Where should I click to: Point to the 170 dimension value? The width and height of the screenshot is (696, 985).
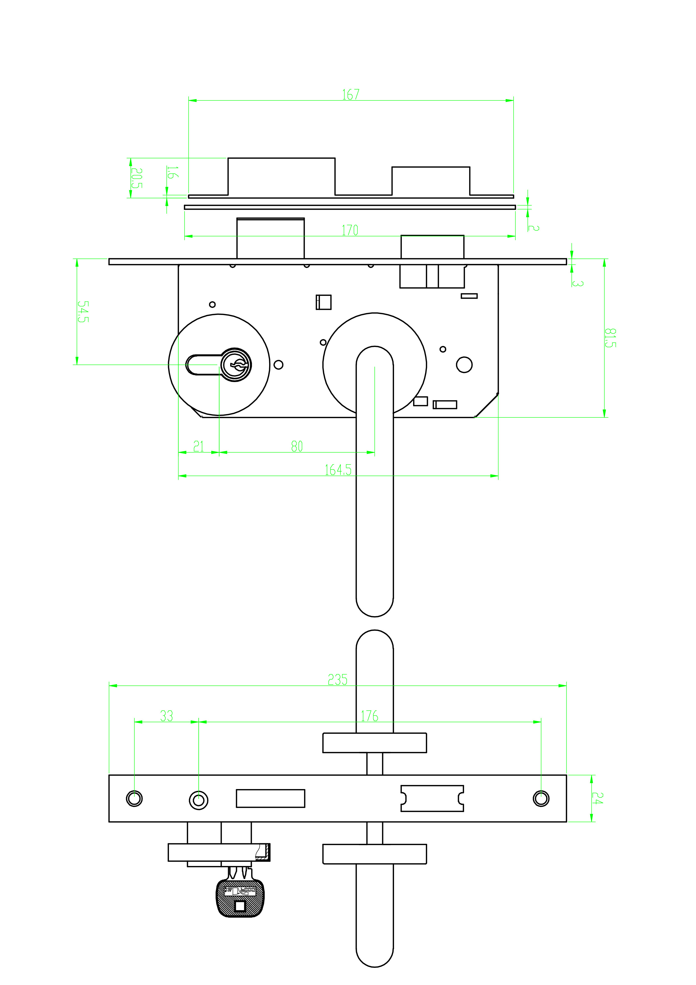[350, 230]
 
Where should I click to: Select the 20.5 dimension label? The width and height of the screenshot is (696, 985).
[136, 178]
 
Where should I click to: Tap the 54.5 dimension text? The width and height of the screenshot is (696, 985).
[83, 312]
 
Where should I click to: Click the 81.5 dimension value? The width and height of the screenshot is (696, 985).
[610, 338]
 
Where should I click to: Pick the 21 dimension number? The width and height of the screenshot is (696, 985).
[198, 447]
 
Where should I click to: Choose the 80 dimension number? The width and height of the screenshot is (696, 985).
[297, 447]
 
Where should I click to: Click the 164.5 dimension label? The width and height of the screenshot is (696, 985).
[338, 470]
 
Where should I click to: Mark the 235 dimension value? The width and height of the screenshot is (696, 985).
[338, 680]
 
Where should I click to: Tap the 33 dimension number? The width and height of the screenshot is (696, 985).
[166, 716]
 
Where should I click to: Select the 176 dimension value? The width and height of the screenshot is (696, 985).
[369, 716]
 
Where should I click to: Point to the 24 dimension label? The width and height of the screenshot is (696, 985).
[597, 798]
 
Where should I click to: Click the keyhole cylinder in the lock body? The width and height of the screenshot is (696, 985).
[236, 365]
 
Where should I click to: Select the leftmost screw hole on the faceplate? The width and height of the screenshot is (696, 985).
[134, 798]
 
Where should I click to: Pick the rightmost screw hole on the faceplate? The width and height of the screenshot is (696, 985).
[541, 798]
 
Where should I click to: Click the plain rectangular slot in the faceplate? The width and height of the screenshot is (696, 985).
[271, 798]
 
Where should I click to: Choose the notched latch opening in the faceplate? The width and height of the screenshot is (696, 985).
[432, 798]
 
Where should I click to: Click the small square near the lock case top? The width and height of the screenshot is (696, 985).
[324, 302]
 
